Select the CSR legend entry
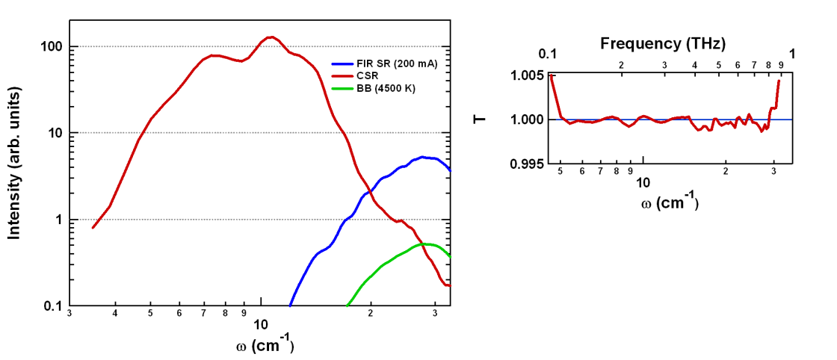click(x=367, y=76)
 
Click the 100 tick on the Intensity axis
click(x=49, y=46)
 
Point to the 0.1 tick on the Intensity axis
click(x=52, y=306)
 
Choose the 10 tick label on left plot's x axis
click(x=261, y=324)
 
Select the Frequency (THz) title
click(x=663, y=43)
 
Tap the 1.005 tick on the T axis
click(x=527, y=75)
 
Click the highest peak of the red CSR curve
click(x=271, y=37)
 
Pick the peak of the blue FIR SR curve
click(x=423, y=157)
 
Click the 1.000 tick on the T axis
click(x=527, y=120)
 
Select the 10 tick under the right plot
click(x=643, y=183)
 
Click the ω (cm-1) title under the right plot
click(x=670, y=202)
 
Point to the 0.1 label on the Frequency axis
click(x=548, y=54)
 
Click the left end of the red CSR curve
click(x=93, y=227)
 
